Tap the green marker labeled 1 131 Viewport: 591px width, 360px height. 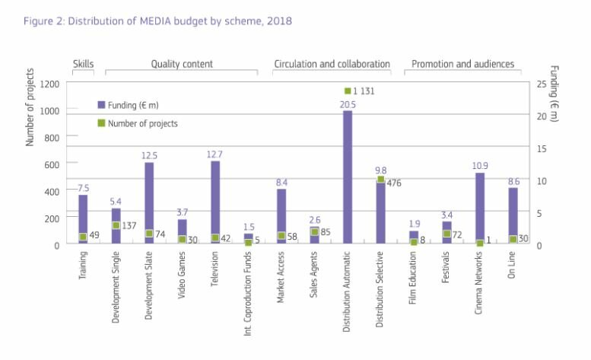(x=348, y=91)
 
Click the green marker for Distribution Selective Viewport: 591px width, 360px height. (x=380, y=180)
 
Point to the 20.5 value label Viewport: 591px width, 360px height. (x=348, y=104)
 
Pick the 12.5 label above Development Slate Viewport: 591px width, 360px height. (x=149, y=156)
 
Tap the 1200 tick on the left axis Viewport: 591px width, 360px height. (x=50, y=84)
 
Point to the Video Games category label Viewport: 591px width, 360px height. (x=182, y=281)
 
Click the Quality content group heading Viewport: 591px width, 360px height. (x=181, y=64)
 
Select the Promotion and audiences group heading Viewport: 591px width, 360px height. (x=463, y=64)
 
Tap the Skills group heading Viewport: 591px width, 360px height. (x=83, y=64)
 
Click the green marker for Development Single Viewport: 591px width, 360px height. (x=116, y=225)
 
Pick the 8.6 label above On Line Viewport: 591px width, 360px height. (x=513, y=181)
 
